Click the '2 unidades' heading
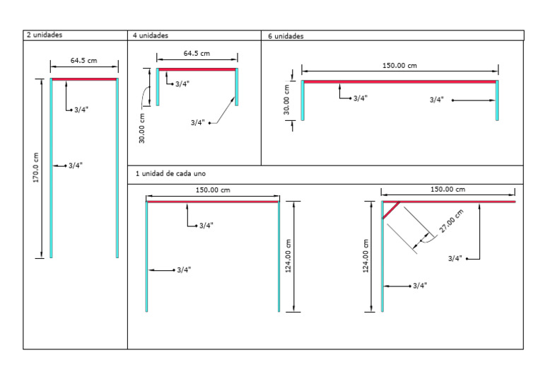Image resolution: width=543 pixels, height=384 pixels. tap(44, 35)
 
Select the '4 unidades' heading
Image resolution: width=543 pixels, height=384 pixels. tap(150, 35)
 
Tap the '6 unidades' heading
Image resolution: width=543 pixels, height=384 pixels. tap(286, 36)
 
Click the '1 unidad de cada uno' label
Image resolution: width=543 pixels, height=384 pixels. tap(171, 173)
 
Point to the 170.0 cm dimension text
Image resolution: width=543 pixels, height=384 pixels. tap(36, 168)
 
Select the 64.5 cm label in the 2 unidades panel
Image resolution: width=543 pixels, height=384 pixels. tap(83, 61)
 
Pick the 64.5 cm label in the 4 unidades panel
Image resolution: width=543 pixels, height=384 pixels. tap(197, 53)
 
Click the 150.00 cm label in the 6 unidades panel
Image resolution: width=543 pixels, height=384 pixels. tap(399, 66)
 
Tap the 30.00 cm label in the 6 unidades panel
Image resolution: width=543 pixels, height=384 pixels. tap(287, 100)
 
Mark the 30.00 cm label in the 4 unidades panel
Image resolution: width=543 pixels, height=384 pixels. tap(142, 129)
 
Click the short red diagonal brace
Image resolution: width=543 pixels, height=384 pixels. tap(391, 210)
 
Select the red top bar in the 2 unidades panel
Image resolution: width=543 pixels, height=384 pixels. tap(83, 79)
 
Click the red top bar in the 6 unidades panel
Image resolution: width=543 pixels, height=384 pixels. tap(399, 82)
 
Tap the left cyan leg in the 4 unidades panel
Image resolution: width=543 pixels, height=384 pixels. tap(158, 87)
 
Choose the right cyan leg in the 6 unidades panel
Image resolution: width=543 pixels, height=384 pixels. tap(497, 101)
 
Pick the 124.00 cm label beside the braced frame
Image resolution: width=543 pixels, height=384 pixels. tap(366, 256)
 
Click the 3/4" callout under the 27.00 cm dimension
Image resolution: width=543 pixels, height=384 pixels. tap(455, 259)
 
